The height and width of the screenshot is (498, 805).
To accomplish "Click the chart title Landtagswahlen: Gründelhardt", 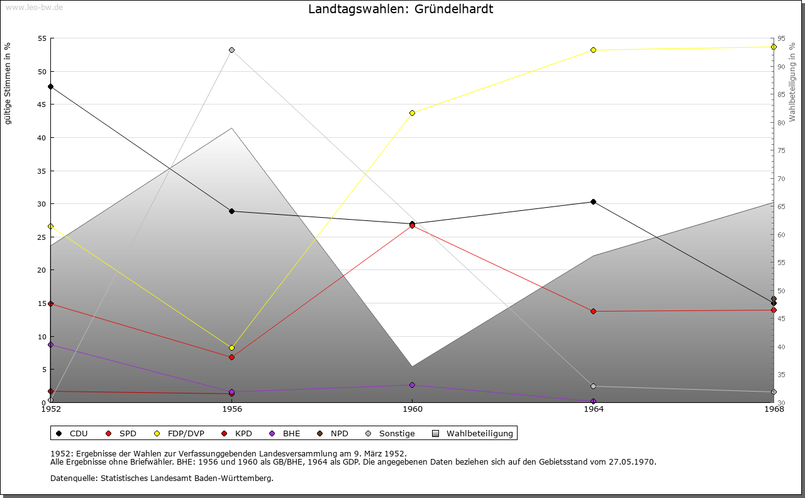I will point(401,9).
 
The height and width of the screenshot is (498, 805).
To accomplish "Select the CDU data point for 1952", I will point(51,86).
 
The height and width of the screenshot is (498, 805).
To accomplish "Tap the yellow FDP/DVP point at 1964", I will point(593,50).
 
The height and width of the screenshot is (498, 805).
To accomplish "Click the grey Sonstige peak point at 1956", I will point(231,50).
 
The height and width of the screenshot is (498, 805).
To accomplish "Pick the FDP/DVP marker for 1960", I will point(413,113).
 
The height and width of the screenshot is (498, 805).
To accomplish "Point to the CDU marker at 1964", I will point(593,201).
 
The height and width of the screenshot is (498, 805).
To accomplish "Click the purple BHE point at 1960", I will point(413,385).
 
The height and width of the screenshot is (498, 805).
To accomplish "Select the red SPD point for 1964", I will point(593,311).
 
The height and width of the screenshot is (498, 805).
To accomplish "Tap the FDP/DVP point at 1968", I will point(774,47).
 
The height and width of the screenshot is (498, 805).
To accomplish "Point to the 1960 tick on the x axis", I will point(413,409).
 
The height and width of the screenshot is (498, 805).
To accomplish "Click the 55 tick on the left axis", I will point(43,38).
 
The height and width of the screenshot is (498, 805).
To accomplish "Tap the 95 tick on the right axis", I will point(780,38).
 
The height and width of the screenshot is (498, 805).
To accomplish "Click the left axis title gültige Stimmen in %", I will point(8,84).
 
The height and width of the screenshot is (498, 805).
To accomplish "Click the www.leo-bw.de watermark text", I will point(34,6).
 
